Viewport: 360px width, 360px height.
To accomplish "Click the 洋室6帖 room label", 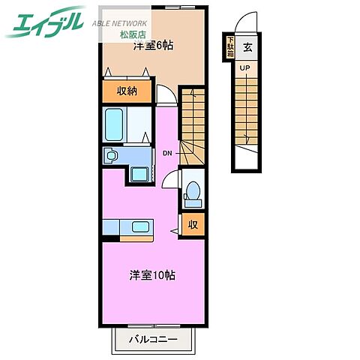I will coord(154,46).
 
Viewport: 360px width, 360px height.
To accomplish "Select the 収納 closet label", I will coord(127,91).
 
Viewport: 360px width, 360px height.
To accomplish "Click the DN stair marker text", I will coord(166,153).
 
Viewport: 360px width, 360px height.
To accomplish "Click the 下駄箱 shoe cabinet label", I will coord(230,46).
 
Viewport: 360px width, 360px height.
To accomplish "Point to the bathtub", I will coord(115,124).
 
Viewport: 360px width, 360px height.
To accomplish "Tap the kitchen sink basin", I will coord(141,226).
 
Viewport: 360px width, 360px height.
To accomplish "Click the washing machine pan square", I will coord(139,175).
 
